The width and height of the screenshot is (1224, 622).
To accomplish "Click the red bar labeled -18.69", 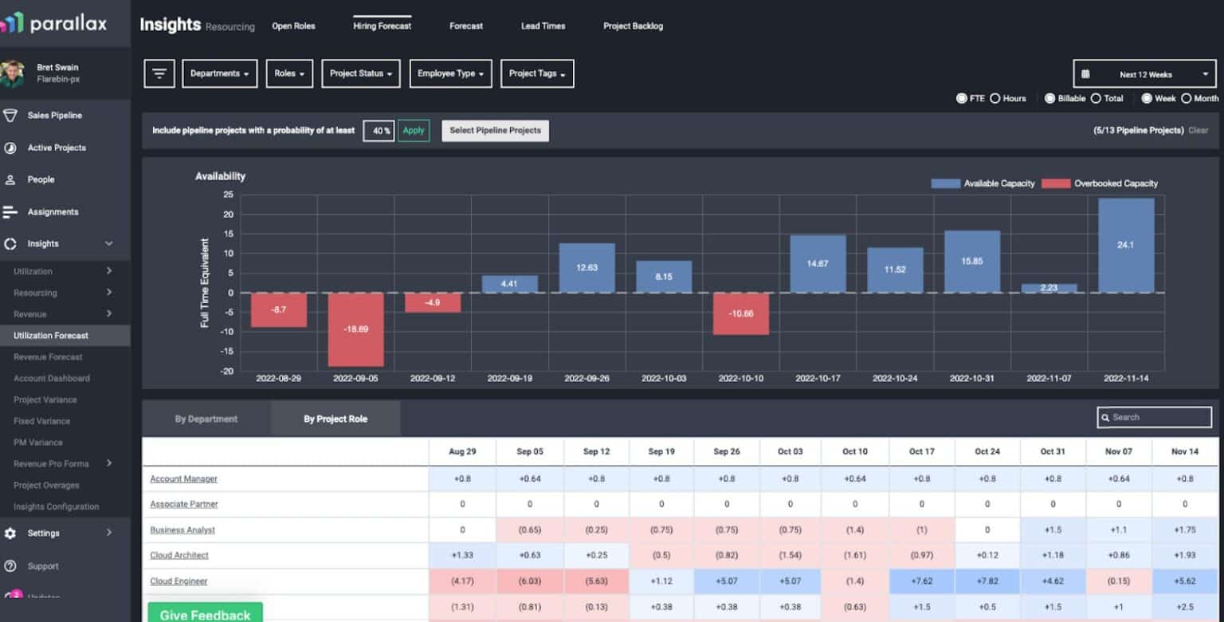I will click(x=355, y=329).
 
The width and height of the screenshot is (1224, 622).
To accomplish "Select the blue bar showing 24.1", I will click(x=1125, y=245).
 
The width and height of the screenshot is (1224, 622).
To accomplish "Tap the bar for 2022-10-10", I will click(x=740, y=313).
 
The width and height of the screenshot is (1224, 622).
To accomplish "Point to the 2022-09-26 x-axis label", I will click(x=586, y=378).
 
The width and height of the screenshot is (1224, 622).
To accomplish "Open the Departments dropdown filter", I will click(x=219, y=73).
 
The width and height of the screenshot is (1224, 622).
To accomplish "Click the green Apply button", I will click(x=414, y=131).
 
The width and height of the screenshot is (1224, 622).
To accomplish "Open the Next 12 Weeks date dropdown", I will click(x=1144, y=74).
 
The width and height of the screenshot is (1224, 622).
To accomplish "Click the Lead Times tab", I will click(x=543, y=26).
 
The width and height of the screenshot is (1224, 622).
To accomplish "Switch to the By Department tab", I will click(x=206, y=419).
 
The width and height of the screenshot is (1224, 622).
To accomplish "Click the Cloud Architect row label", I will click(x=179, y=555).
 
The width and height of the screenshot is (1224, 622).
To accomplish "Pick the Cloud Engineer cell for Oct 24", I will click(x=987, y=581).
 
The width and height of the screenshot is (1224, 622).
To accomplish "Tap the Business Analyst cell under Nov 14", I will click(x=1184, y=529).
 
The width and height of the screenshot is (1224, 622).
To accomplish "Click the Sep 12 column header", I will click(x=595, y=451).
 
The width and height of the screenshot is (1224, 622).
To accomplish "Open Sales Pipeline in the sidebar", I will click(x=54, y=116).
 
